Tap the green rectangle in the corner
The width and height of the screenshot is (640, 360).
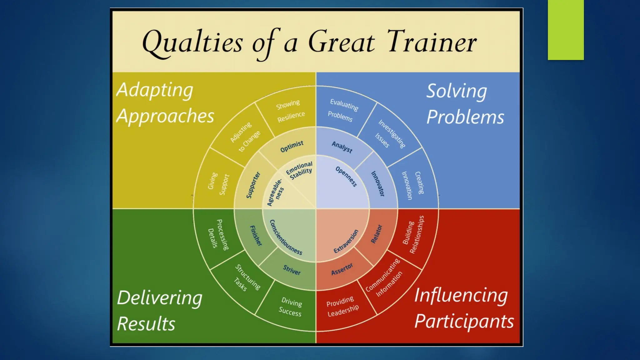tap(566, 30)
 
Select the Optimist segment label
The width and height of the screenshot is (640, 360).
tap(292, 146)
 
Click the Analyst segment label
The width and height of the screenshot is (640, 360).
tap(342, 147)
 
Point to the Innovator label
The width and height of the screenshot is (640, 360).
tap(377, 183)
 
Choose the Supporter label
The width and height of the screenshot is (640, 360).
tap(253, 185)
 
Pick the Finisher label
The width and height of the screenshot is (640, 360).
tap(256, 236)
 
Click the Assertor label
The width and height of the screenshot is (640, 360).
tap(342, 269)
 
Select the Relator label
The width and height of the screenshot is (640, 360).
tap(376, 234)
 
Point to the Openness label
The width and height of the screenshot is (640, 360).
tap(346, 177)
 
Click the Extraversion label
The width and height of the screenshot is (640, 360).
tap(346, 241)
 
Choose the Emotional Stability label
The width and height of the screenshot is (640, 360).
tap(300, 170)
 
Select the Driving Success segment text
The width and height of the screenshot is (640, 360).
tap(291, 307)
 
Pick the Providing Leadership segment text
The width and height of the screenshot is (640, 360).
tap(342, 307)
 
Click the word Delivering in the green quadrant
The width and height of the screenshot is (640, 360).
tap(160, 298)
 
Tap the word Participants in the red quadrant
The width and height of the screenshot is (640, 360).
tap(464, 322)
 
